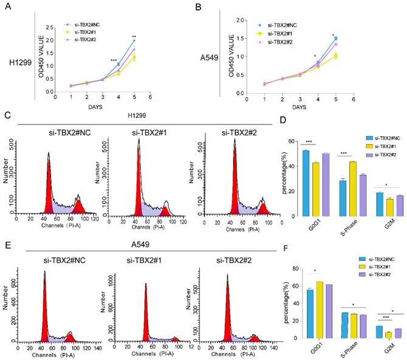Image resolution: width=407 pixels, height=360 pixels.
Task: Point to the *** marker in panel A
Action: (114, 60)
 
